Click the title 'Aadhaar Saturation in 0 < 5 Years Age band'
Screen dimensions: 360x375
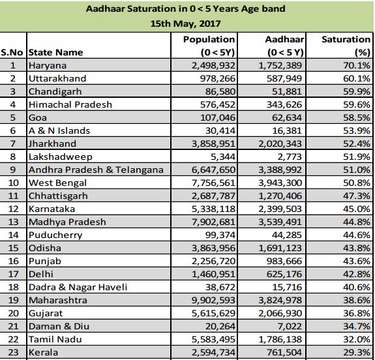point(187,9)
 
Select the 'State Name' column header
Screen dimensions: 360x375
point(55,52)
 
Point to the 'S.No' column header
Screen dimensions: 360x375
point(13,52)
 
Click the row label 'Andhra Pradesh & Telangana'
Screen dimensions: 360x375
point(95,170)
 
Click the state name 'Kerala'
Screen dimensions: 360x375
point(42,352)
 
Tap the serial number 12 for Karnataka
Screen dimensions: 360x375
point(13,209)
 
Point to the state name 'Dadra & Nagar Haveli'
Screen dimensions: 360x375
point(78,287)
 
